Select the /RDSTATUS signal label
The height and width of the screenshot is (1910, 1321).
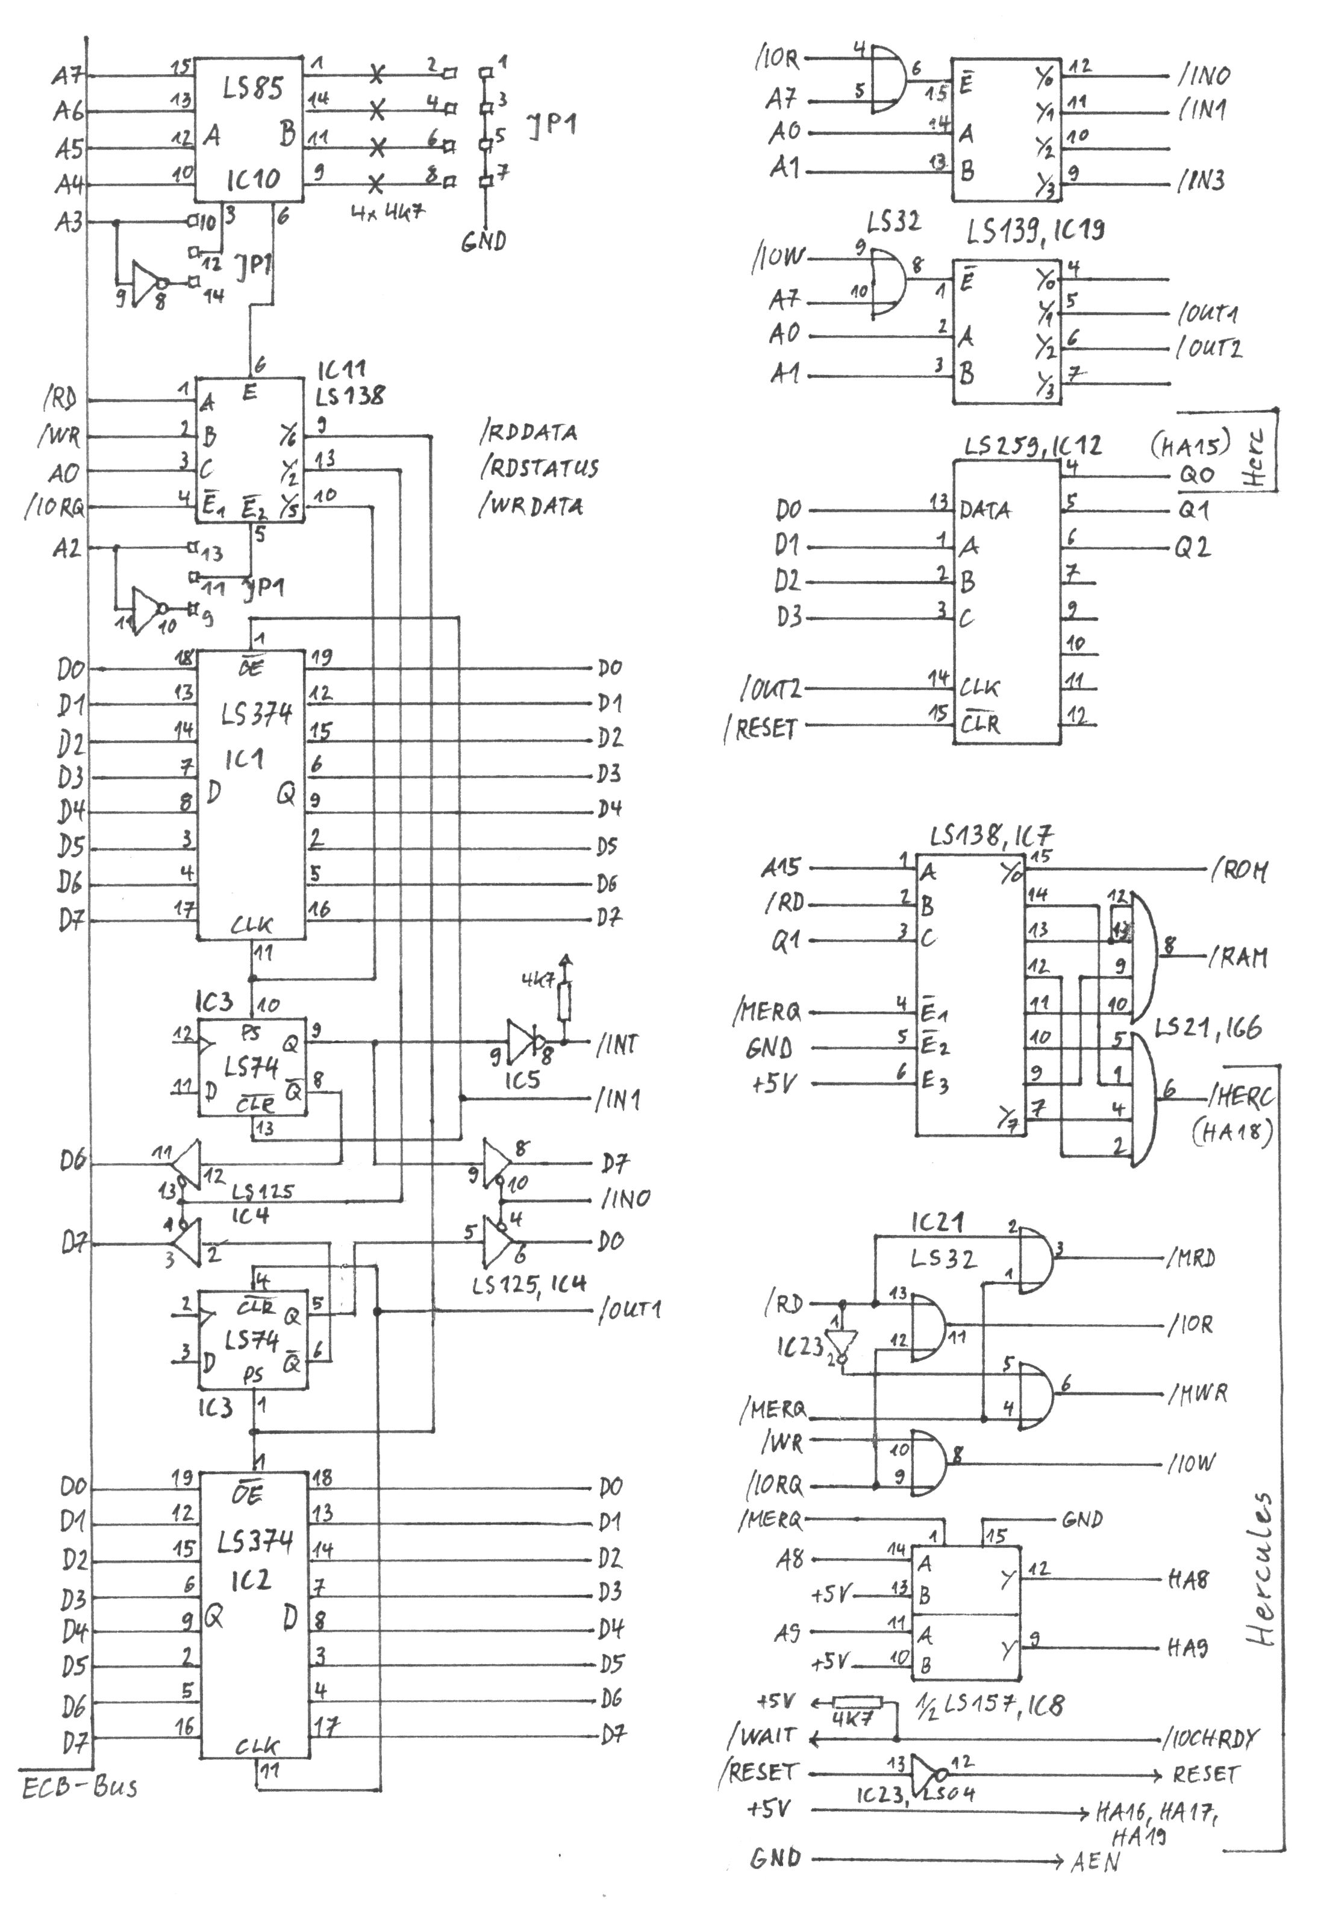tap(539, 468)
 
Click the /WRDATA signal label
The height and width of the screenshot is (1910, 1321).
tap(531, 505)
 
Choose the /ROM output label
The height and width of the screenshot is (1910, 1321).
tap(1239, 871)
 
